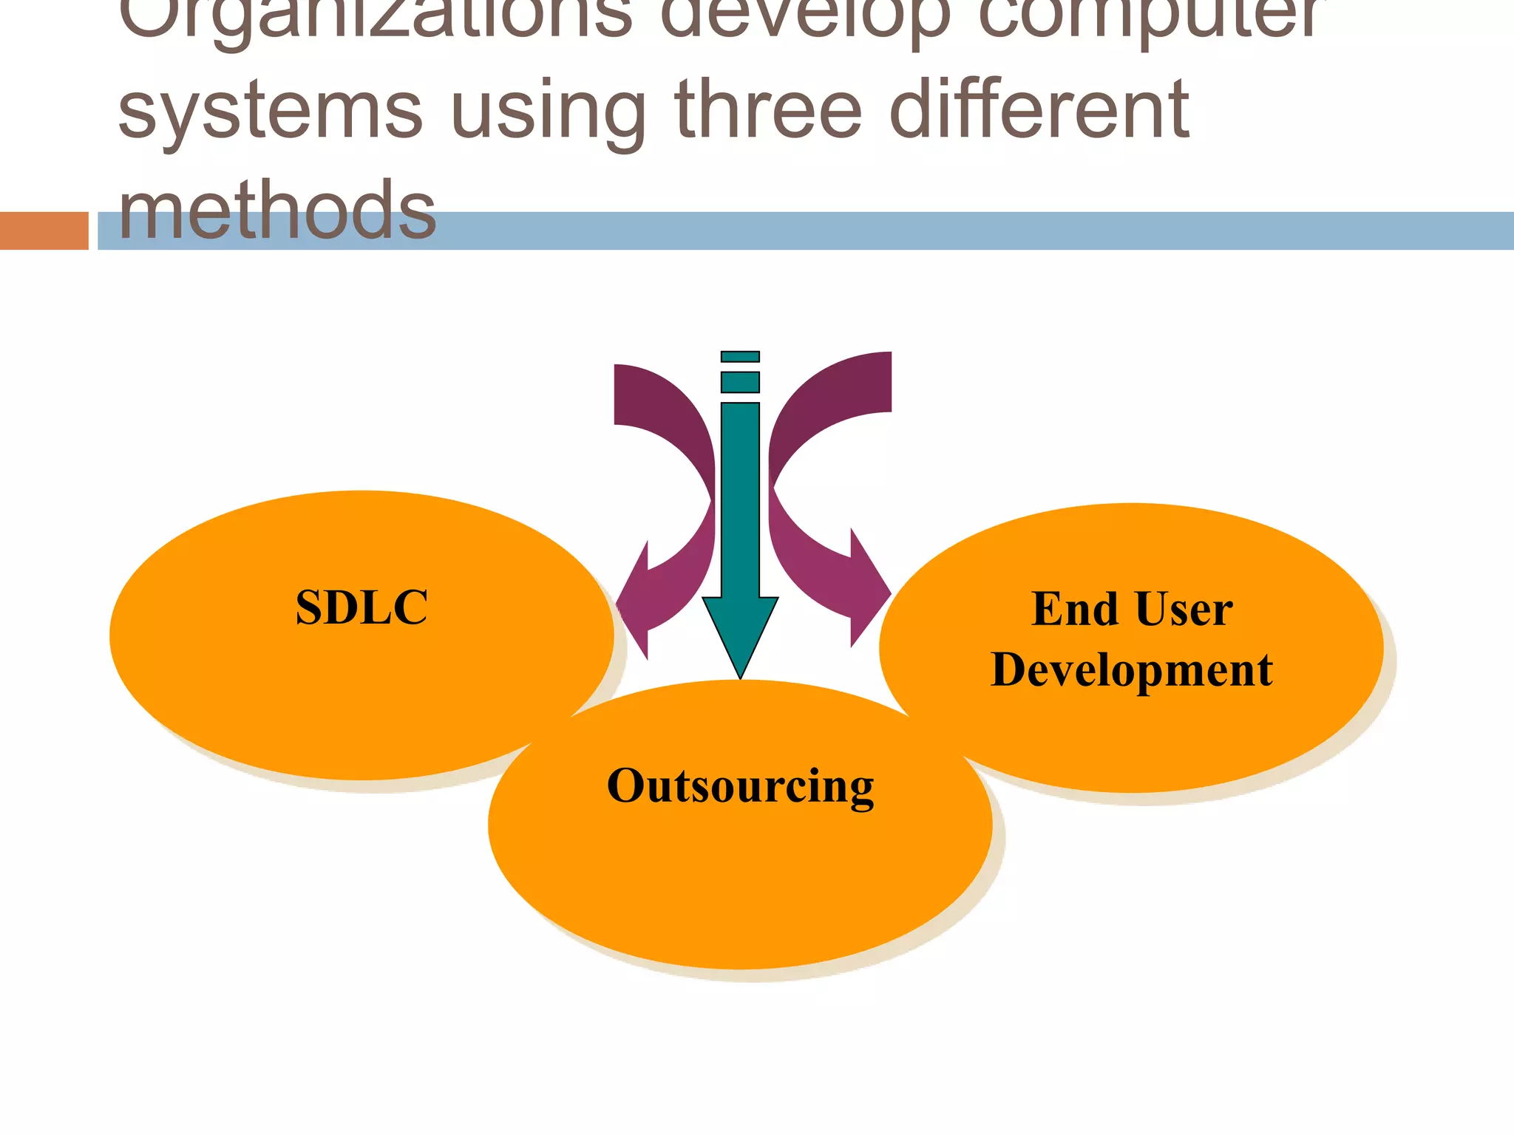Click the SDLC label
(361, 607)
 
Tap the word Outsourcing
(740, 785)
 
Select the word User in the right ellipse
(1184, 610)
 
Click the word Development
(1131, 670)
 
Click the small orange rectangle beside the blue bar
(44, 231)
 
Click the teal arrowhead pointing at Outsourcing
(740, 632)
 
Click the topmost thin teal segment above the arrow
(740, 357)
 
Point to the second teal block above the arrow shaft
(740, 382)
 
